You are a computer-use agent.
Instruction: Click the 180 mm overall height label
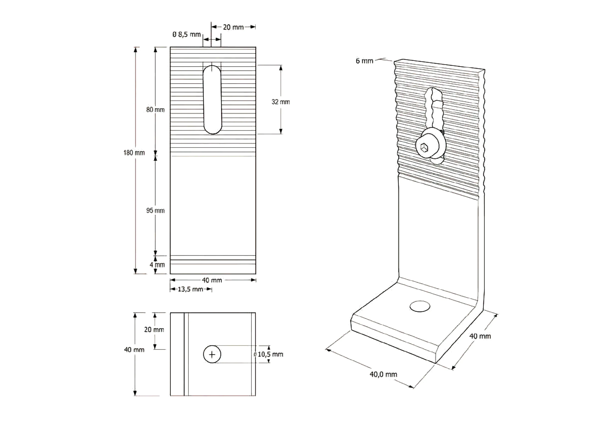[x=134, y=153]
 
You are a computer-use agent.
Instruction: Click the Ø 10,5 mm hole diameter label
[x=269, y=354]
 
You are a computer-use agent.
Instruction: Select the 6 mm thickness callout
[x=364, y=61]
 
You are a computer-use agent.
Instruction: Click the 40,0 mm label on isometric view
[x=383, y=374]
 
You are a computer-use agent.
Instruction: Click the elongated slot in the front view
[x=212, y=100]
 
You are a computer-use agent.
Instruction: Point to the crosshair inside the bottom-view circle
[x=212, y=354]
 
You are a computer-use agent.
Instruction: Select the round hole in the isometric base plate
[x=420, y=306]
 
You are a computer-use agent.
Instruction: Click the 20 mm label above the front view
[x=233, y=27]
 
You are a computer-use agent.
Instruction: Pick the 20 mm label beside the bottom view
[x=154, y=329]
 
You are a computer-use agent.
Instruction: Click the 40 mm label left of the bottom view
[x=134, y=350]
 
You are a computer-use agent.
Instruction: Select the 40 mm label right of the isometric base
[x=480, y=336]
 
